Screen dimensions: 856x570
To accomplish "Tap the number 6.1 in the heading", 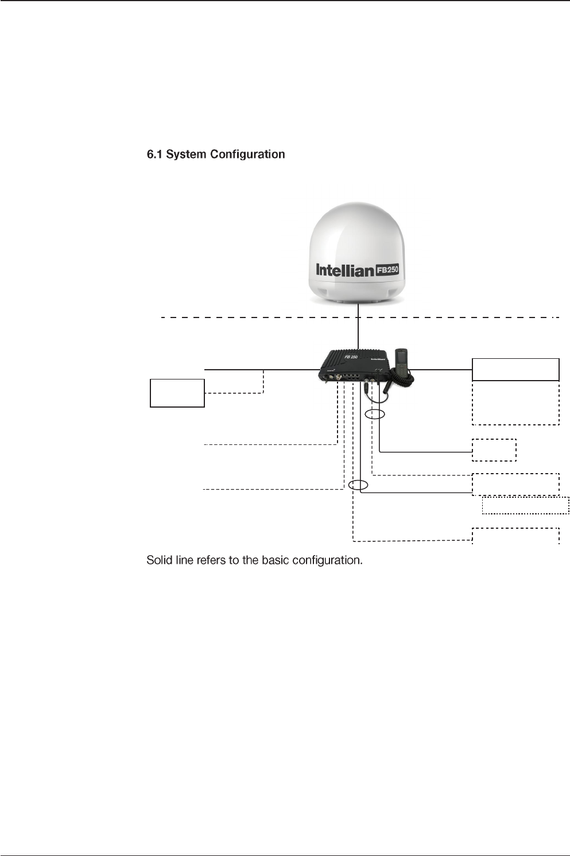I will tap(154, 154).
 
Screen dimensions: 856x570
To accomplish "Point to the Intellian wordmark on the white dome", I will tap(344, 270).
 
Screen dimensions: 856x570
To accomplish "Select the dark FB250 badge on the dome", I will tap(387, 270).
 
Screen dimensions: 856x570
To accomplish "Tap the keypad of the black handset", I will tap(403, 373).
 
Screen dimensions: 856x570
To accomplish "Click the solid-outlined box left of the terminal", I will tap(177, 393).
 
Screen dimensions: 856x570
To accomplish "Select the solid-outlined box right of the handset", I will tap(515, 369).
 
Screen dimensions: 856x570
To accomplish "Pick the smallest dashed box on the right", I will tap(494, 450).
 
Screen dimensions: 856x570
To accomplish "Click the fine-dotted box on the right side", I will tap(525, 505).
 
